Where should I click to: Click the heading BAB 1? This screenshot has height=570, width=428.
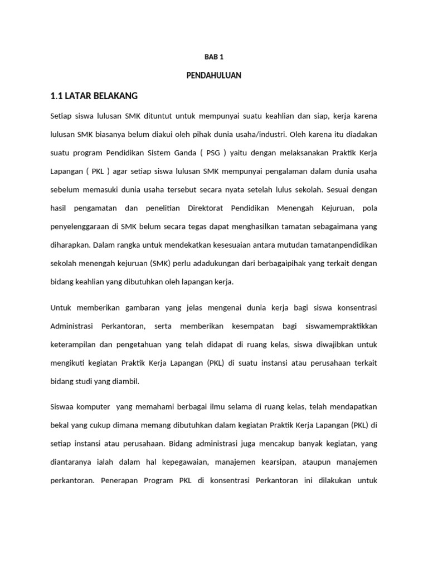tap(213, 57)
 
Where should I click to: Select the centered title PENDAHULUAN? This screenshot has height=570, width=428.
tap(213, 75)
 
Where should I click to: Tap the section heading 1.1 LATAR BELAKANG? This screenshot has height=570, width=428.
tap(94, 96)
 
